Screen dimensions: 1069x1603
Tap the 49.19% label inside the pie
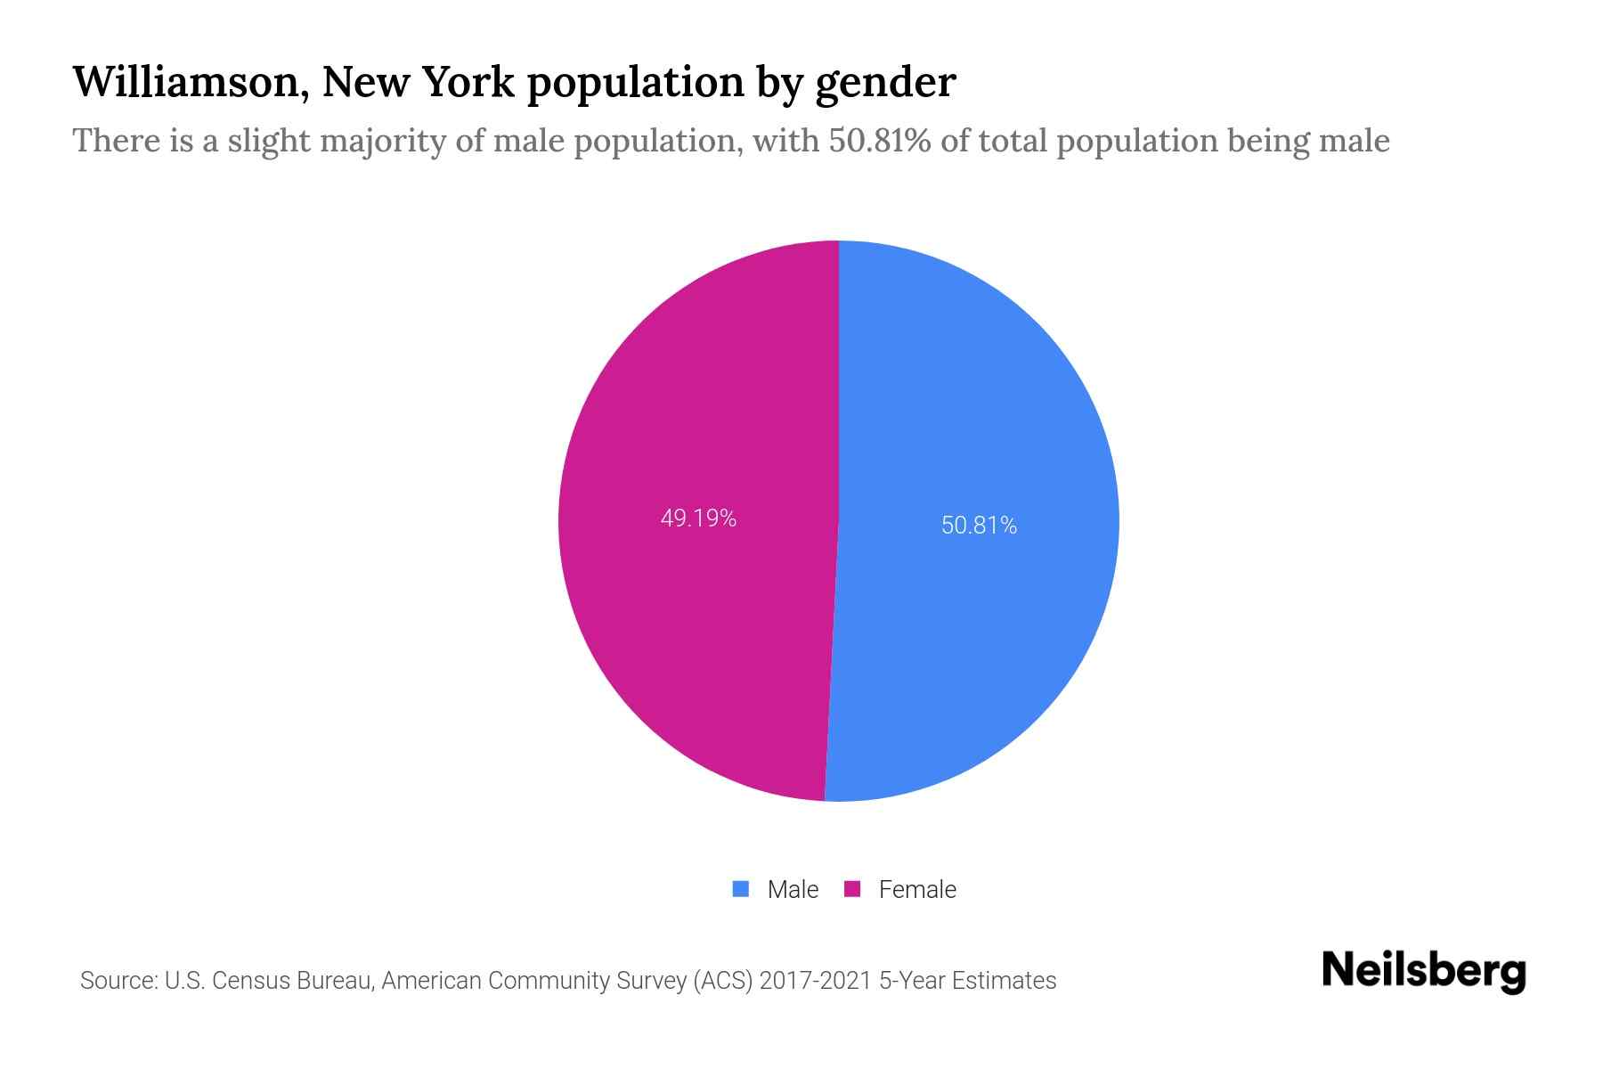[698, 518]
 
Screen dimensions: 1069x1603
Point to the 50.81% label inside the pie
[979, 526]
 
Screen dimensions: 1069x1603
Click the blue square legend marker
[740, 889]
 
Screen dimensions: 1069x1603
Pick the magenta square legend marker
[852, 889]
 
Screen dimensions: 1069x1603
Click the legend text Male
[793, 889]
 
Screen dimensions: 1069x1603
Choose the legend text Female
[917, 889]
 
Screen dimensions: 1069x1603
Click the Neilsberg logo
[1423, 971]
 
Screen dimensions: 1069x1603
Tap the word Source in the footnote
[116, 981]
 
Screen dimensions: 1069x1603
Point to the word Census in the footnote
[252, 981]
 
